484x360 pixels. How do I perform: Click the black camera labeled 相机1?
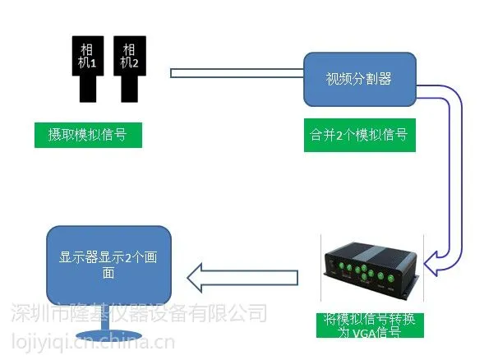click(x=88, y=68)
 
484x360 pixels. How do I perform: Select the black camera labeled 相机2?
click(x=130, y=68)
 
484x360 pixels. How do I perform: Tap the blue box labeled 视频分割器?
click(x=360, y=80)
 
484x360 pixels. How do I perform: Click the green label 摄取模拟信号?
click(x=88, y=135)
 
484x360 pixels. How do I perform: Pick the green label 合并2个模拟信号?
click(x=360, y=135)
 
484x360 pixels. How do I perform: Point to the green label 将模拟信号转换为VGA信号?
click(x=370, y=325)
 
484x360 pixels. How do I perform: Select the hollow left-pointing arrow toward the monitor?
click(x=242, y=278)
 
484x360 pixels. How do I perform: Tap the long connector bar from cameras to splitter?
click(x=237, y=73)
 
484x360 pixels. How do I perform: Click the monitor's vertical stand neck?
click(x=105, y=318)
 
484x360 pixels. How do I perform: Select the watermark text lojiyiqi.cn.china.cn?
click(x=93, y=342)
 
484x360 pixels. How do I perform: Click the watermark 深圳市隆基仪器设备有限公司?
click(x=139, y=313)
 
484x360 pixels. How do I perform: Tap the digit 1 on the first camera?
click(x=93, y=63)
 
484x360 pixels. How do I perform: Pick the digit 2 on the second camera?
click(x=135, y=63)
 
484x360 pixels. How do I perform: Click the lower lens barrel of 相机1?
click(x=88, y=89)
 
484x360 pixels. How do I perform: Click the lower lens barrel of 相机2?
click(x=130, y=89)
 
